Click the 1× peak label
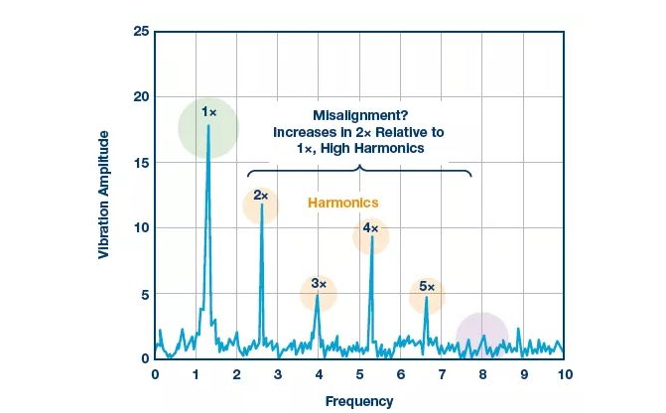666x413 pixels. [x=208, y=112]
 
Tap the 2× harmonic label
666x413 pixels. [x=261, y=196]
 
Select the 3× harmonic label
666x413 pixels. [x=319, y=283]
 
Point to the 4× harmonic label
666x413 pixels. [x=370, y=227]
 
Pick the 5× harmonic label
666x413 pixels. [x=427, y=286]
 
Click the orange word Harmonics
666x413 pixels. [x=343, y=203]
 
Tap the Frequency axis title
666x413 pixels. [x=359, y=401]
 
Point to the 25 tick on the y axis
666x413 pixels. [x=141, y=32]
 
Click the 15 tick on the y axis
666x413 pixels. [x=141, y=163]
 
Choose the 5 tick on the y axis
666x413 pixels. [x=145, y=294]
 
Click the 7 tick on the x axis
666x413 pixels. [x=442, y=374]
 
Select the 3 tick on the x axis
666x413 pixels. [x=278, y=374]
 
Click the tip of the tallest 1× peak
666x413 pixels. [x=207, y=126]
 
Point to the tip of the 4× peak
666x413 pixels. [x=371, y=236]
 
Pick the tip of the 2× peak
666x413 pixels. [x=261, y=205]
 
